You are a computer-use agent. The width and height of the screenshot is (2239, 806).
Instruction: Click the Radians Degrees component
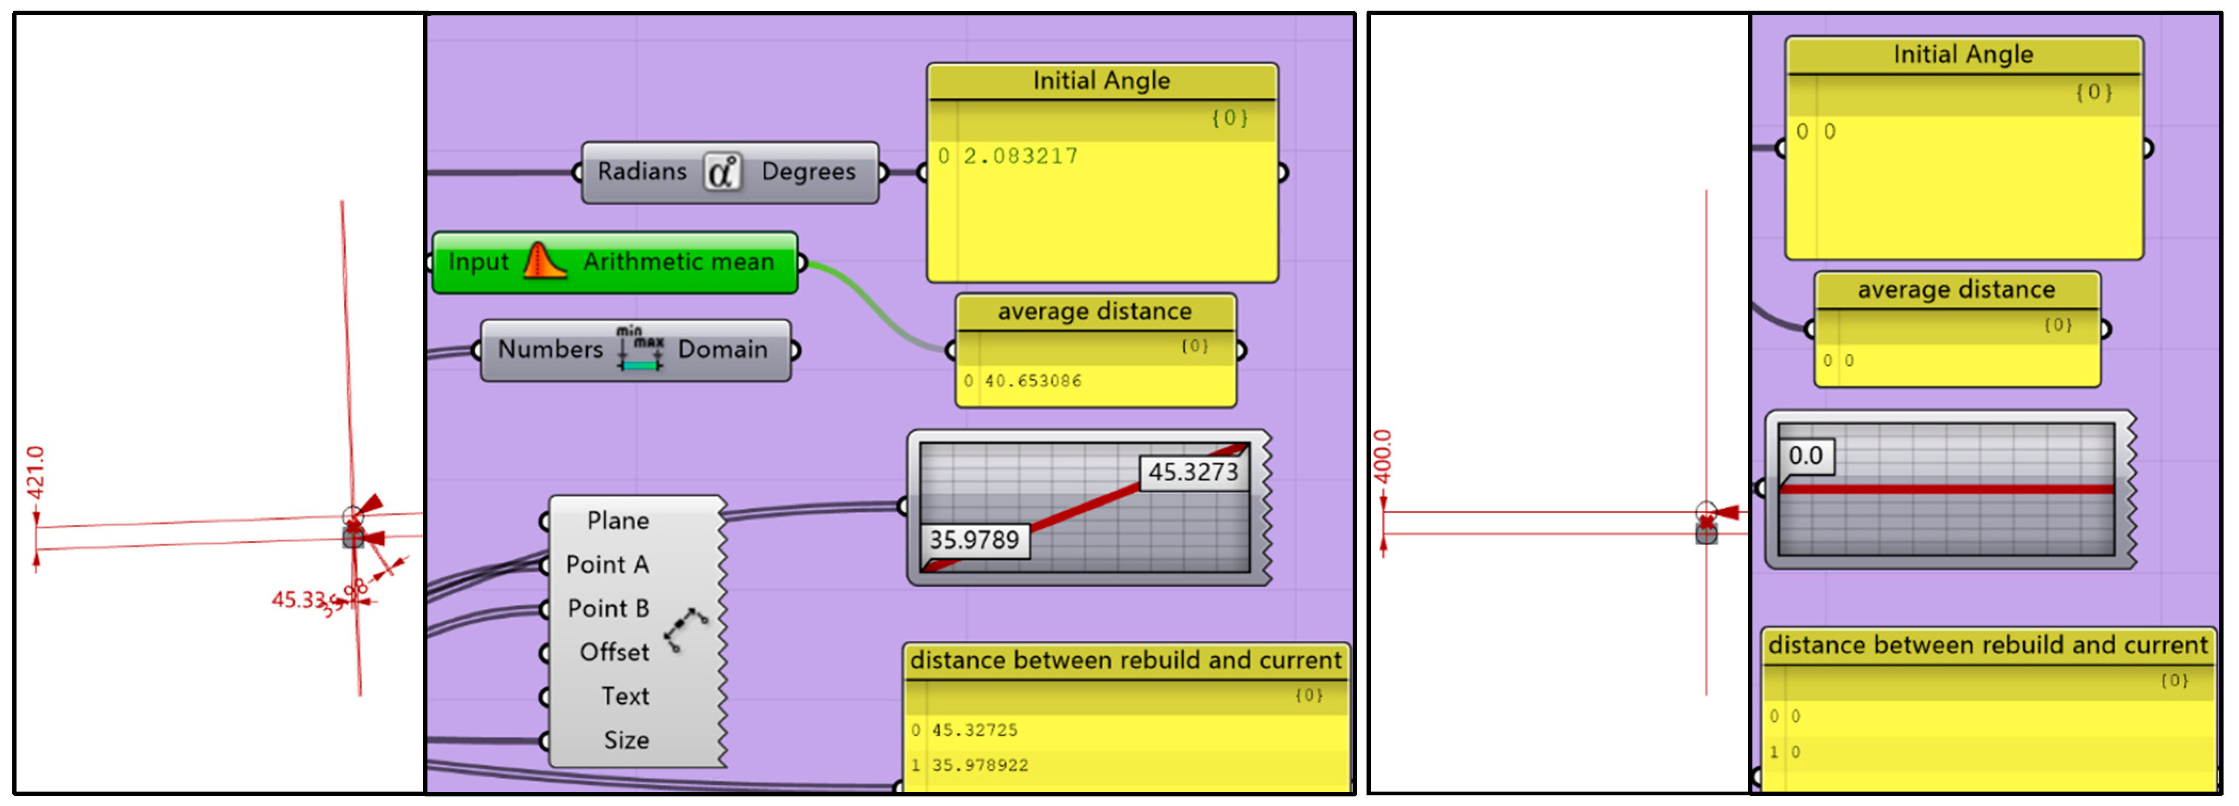(x=729, y=172)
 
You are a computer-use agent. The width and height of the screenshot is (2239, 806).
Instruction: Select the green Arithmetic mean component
(x=613, y=262)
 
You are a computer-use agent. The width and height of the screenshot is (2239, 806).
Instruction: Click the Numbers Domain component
(x=635, y=349)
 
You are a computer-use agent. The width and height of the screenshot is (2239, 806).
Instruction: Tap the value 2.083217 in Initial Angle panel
(x=1021, y=156)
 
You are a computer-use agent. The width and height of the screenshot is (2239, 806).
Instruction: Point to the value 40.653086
(x=1032, y=381)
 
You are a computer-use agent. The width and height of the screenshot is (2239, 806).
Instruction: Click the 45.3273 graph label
(x=1192, y=472)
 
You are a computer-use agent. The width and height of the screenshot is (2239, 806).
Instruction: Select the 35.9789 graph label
(x=974, y=540)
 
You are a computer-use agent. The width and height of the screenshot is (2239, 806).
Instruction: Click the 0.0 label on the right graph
(x=1805, y=456)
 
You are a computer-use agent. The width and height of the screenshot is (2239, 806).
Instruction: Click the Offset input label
(x=613, y=652)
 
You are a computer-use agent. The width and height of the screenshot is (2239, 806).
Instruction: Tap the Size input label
(x=626, y=740)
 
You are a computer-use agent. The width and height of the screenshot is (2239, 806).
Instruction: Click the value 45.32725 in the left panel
(x=974, y=730)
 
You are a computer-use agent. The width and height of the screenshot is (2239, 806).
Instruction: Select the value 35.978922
(x=980, y=765)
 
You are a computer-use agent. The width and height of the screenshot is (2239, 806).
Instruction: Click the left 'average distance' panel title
(x=1094, y=312)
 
